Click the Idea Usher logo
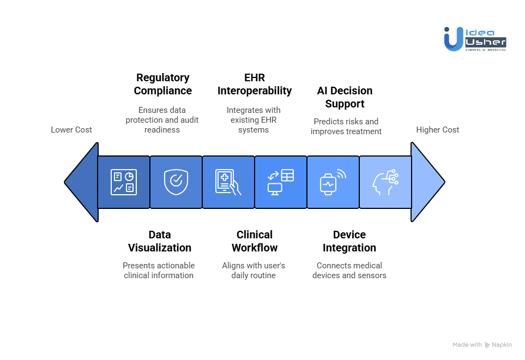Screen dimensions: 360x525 pyautogui.click(x=475, y=39)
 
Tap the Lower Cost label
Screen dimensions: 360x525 pyautogui.click(x=71, y=130)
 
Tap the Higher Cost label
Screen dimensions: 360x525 pyautogui.click(x=438, y=130)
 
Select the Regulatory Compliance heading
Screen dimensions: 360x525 pyautogui.click(x=162, y=84)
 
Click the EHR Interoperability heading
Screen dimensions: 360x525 pyautogui.click(x=254, y=84)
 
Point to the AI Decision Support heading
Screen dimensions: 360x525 pyautogui.click(x=345, y=97)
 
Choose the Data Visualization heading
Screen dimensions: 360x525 pyautogui.click(x=159, y=241)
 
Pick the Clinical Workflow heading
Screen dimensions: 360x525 pyautogui.click(x=254, y=241)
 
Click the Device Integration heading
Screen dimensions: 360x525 pyautogui.click(x=349, y=241)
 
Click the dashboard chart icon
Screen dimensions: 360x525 pyautogui.click(x=124, y=182)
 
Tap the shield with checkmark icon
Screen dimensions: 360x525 pyautogui.click(x=176, y=182)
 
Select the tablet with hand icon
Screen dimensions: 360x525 pyautogui.click(x=228, y=182)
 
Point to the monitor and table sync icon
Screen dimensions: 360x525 pyautogui.click(x=280, y=182)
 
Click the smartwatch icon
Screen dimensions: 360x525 pyautogui.click(x=332, y=182)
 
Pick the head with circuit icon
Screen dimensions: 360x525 pyautogui.click(x=385, y=182)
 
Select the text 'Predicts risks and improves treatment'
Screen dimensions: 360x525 pyautogui.click(x=346, y=127)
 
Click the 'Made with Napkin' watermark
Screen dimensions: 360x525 pyautogui.click(x=482, y=345)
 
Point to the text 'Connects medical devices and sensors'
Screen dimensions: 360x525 pyautogui.click(x=349, y=271)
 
